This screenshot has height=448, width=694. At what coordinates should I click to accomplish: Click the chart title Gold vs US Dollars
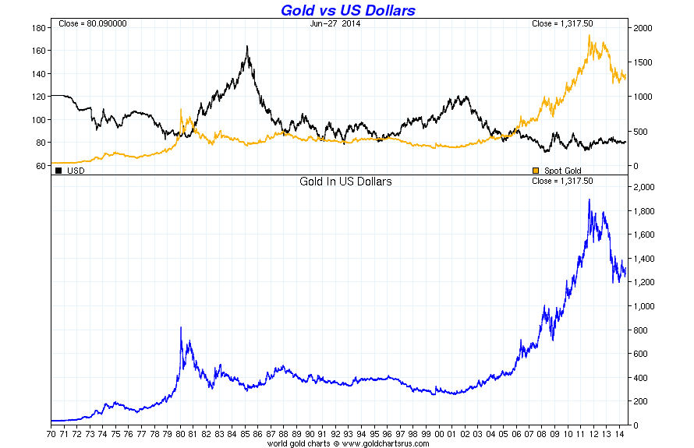347,10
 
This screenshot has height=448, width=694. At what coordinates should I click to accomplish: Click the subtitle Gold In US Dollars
345,182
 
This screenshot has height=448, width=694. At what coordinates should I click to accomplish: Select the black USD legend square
59,169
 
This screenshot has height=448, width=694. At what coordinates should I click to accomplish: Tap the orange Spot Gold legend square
535,169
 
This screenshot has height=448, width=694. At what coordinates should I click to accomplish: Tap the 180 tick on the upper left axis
37,28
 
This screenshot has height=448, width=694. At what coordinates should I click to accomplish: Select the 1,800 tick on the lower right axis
644,211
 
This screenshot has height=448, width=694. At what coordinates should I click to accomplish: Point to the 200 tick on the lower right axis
641,401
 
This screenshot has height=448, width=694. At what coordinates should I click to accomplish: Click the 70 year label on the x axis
51,434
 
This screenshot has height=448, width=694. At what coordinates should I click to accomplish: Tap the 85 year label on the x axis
246,434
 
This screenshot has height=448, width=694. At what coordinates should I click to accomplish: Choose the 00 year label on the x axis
441,434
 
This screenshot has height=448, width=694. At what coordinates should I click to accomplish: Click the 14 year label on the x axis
621,434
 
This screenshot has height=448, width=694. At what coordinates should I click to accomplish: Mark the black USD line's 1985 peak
247,47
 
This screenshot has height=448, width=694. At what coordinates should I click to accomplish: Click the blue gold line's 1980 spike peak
181,328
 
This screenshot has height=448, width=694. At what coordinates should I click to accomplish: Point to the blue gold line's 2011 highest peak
589,200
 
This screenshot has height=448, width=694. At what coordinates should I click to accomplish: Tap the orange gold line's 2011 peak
589,36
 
